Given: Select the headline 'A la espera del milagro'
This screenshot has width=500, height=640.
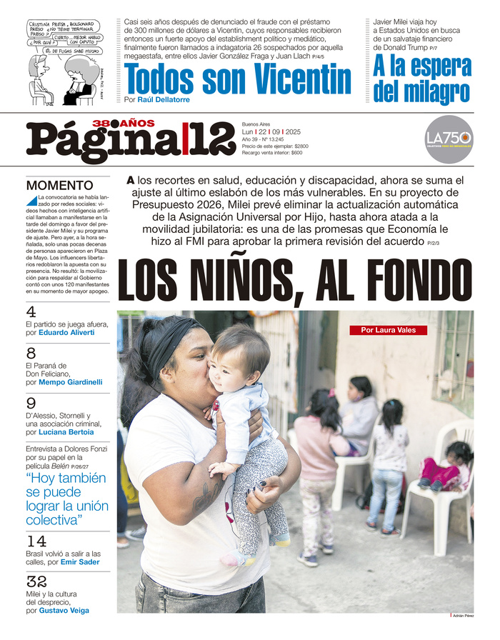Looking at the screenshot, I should [x=422, y=79].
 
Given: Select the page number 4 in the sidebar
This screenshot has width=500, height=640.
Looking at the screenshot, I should [x=31, y=312].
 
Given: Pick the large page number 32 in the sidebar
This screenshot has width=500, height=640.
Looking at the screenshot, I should [x=36, y=583].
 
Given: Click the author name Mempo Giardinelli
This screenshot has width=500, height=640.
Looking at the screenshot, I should [x=71, y=382].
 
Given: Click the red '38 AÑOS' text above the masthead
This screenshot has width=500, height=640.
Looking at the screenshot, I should [x=123, y=124].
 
